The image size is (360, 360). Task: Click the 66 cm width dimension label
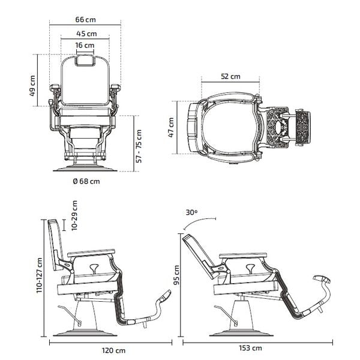pyautogui.click(x=85, y=19)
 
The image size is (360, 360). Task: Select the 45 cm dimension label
pyautogui.click(x=85, y=34)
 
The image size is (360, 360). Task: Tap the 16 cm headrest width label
pyautogui.click(x=85, y=46)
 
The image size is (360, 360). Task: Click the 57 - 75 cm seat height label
pyautogui.click(x=140, y=145)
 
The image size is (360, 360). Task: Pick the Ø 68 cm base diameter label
pyautogui.click(x=86, y=180)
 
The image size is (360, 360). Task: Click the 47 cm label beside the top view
pyautogui.click(x=171, y=127)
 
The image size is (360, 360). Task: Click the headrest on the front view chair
pyautogui.click(x=85, y=58)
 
